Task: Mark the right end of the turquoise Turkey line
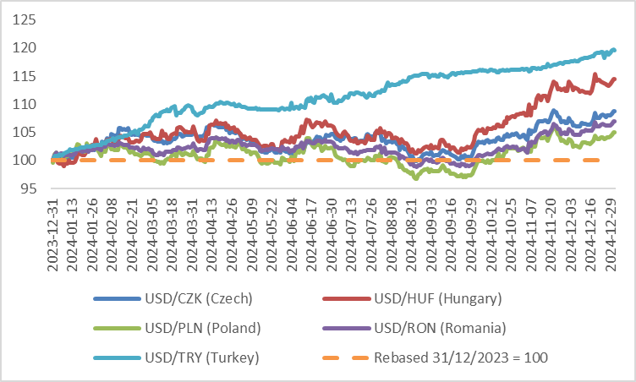[x=613, y=51]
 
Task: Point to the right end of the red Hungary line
[x=613, y=79]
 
